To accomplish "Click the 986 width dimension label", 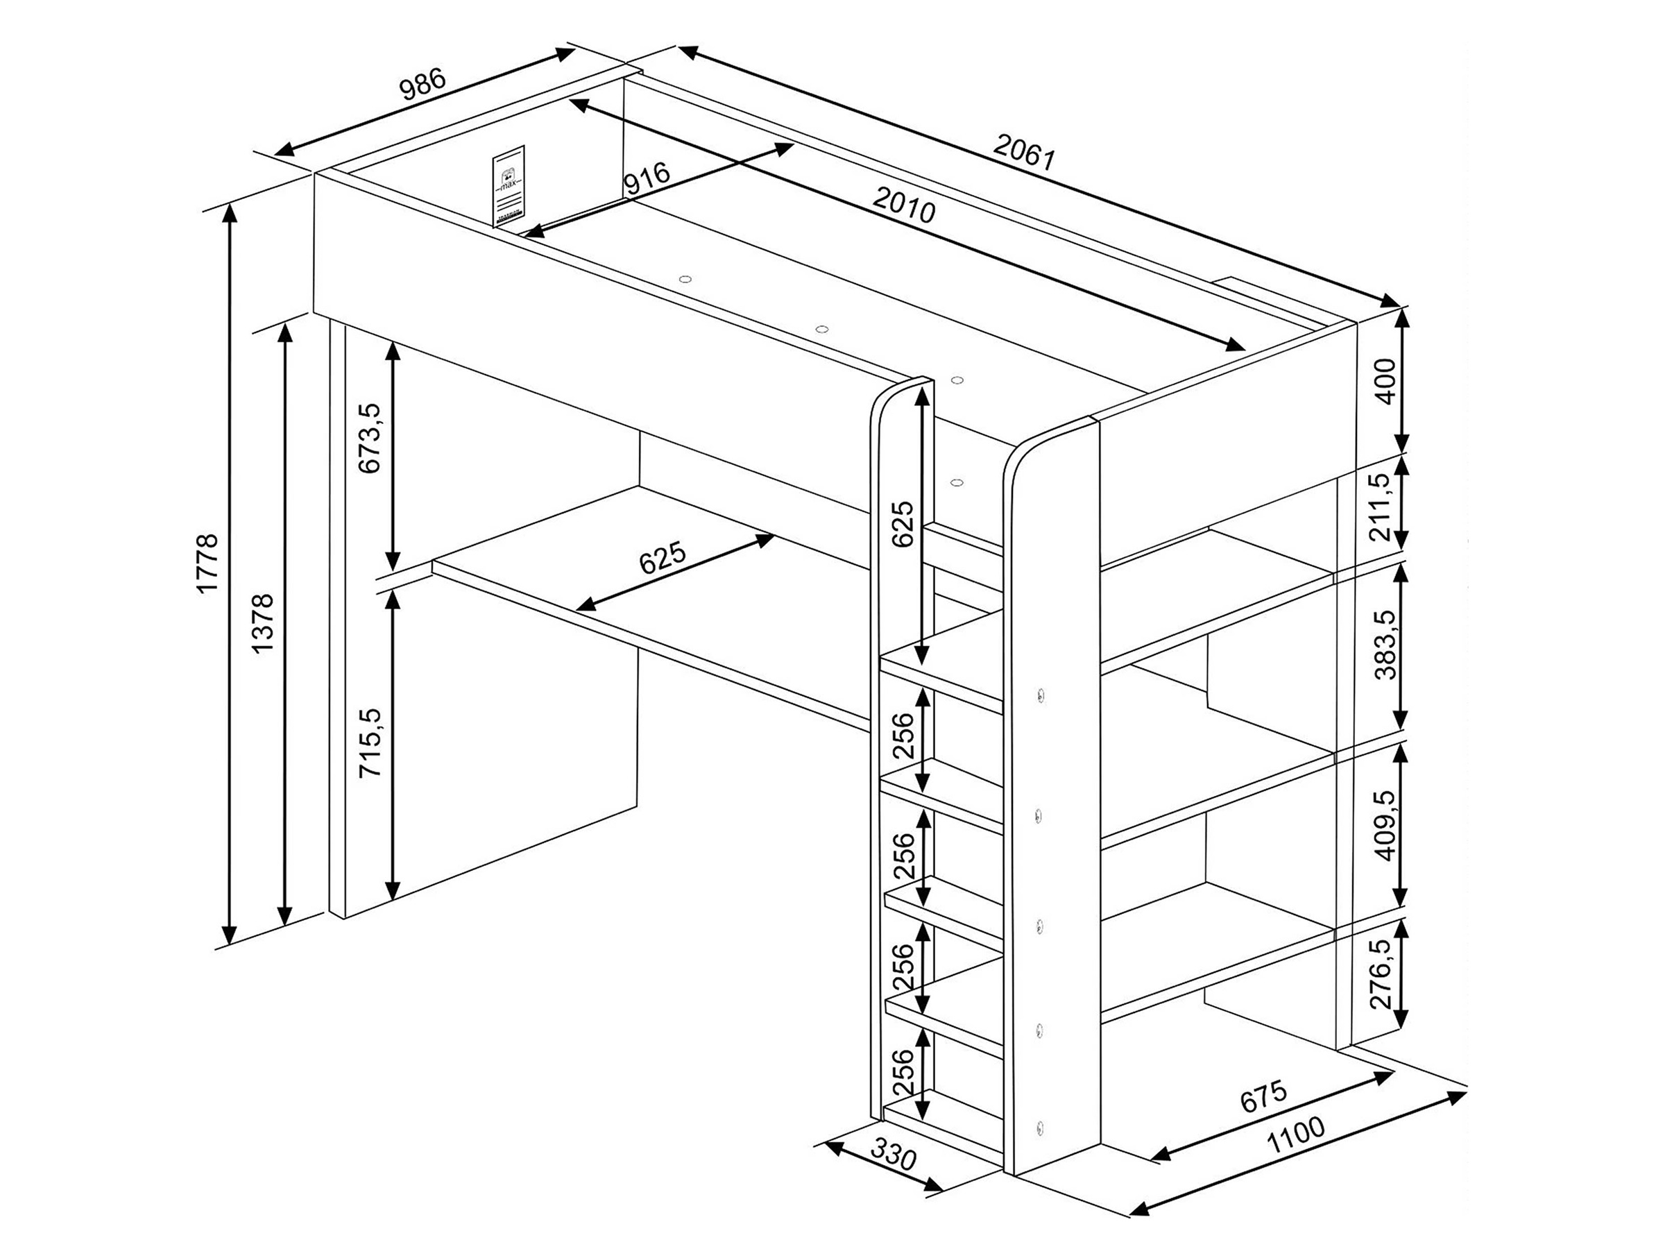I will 423,85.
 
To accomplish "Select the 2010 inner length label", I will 904,204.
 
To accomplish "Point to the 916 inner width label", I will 647,178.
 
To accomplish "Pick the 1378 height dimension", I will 263,623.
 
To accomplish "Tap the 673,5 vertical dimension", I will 370,438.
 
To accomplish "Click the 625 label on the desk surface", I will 663,558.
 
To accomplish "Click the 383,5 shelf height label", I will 1383,645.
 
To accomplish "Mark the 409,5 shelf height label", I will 1383,824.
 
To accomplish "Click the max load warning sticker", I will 509,186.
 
